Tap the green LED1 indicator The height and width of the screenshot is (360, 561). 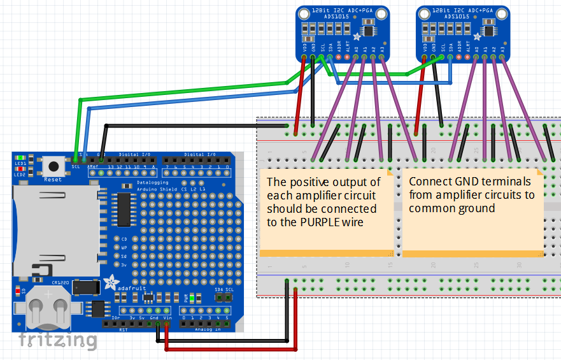click(22, 157)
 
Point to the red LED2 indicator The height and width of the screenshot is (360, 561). click(22, 168)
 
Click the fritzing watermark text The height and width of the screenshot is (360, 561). click(57, 340)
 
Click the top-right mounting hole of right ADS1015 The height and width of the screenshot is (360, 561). click(501, 13)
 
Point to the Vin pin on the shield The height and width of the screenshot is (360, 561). click(167, 324)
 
